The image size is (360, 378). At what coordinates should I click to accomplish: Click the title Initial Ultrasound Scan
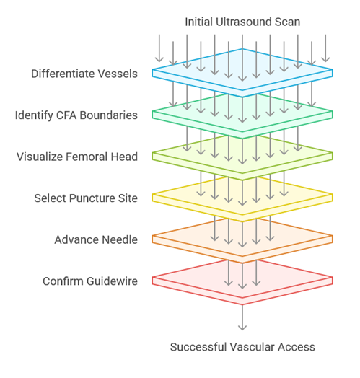(x=242, y=22)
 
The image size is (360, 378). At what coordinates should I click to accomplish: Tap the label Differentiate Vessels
(x=84, y=74)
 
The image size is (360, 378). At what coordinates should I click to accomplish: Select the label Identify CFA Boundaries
(x=76, y=115)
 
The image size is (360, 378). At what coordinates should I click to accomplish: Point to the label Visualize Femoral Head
(x=77, y=157)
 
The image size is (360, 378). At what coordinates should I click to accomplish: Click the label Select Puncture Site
(x=86, y=198)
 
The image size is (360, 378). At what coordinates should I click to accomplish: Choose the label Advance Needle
(x=96, y=240)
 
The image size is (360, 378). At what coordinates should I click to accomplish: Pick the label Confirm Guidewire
(x=90, y=281)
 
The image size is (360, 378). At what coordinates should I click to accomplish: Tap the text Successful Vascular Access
(x=242, y=347)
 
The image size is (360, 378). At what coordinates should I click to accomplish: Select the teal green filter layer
(x=242, y=125)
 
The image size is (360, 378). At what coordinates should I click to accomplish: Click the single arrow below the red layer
(x=242, y=317)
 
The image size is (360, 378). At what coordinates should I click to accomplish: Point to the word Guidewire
(x=112, y=281)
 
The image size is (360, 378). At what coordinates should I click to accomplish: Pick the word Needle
(x=120, y=240)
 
